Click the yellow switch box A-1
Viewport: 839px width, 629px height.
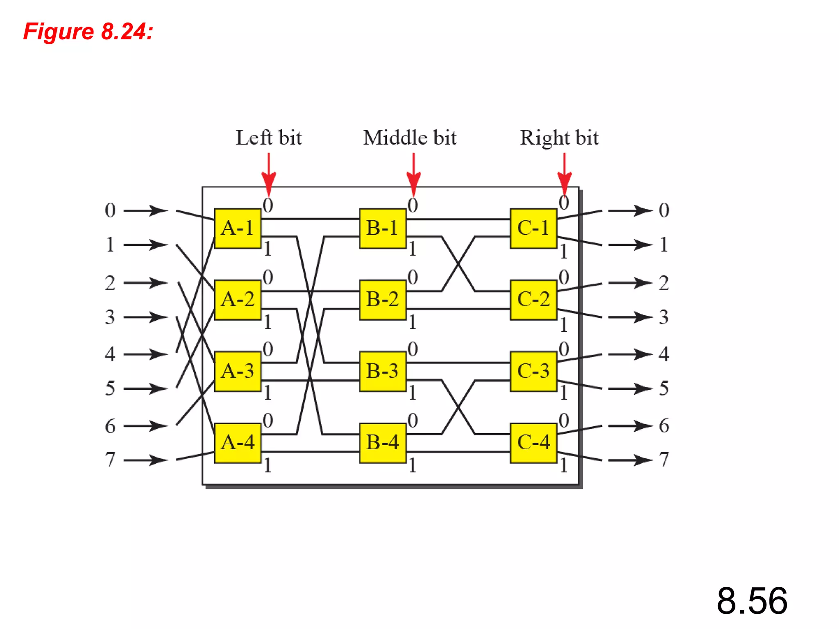click(238, 228)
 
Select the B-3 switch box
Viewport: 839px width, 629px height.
click(382, 371)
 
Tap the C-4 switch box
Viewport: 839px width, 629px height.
click(533, 443)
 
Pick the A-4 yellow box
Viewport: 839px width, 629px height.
click(238, 443)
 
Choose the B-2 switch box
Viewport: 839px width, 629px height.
click(382, 299)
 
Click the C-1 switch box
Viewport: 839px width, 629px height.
click(533, 228)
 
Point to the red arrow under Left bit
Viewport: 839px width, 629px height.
click(269, 174)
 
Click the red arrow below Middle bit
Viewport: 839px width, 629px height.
click(413, 174)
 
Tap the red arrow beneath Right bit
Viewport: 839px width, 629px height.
click(565, 174)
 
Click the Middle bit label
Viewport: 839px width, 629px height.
click(410, 138)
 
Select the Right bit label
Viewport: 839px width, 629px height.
click(559, 138)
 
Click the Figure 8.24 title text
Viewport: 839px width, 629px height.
click(88, 32)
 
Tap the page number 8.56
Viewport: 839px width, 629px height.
click(752, 601)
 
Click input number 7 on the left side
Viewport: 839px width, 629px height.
click(110, 459)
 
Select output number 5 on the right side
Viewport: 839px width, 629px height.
click(664, 388)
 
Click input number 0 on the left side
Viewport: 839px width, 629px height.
click(110, 210)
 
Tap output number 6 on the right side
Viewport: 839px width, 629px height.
click(664, 426)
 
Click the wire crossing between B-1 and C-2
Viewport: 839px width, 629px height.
click(458, 264)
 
